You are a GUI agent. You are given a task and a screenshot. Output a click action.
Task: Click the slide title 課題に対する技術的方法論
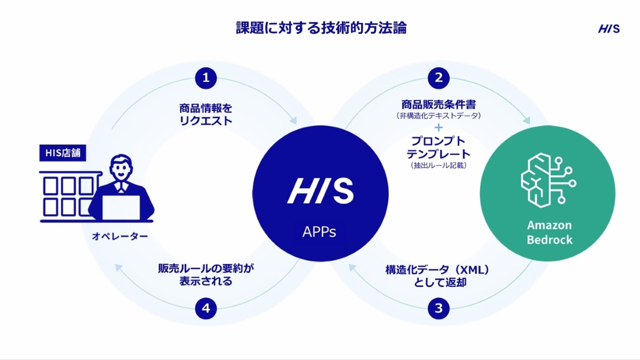pos(321,28)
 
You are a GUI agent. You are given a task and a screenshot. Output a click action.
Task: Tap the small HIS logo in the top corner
pos(609,29)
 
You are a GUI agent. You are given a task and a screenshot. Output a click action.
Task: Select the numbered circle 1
pos(206,78)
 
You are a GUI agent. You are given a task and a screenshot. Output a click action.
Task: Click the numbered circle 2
pos(438,78)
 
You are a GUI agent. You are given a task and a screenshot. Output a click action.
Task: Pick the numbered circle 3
pos(438,308)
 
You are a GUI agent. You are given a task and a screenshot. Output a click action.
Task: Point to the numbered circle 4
pos(206,308)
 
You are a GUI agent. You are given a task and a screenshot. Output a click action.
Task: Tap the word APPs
pos(319,232)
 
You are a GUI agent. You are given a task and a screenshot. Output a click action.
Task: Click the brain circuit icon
pos(547,179)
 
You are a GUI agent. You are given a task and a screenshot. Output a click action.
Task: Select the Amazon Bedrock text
pos(549,232)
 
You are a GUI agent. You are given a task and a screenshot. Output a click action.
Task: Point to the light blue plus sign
pos(438,128)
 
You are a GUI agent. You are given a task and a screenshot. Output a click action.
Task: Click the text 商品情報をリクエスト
pos(206,114)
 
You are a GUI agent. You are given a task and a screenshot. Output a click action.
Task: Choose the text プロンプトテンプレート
pos(438,148)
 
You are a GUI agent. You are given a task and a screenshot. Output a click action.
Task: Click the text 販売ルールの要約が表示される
pos(206,275)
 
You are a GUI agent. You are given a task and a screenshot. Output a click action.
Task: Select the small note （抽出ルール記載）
pos(438,166)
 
